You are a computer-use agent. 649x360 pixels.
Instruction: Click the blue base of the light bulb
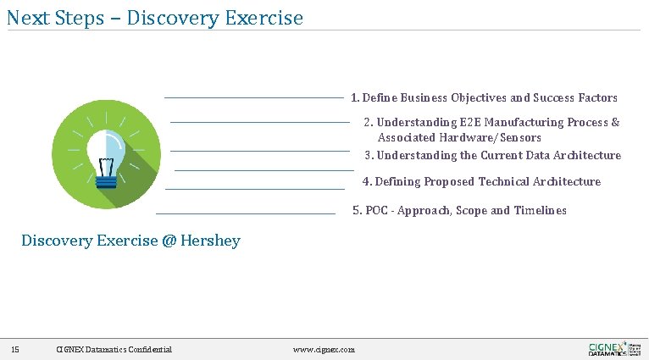[x=105, y=179]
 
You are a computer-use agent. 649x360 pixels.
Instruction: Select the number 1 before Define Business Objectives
[x=355, y=98]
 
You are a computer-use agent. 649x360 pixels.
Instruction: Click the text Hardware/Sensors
[x=502, y=138]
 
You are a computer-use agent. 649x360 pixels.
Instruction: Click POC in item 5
[x=377, y=211]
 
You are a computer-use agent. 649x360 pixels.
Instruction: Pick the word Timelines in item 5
[x=540, y=211]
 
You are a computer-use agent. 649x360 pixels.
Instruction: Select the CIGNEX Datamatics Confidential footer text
[x=114, y=350]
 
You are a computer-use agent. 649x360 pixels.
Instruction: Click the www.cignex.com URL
[x=324, y=350]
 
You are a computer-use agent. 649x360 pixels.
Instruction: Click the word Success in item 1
[x=553, y=98]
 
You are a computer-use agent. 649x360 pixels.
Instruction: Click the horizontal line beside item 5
[x=246, y=213]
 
